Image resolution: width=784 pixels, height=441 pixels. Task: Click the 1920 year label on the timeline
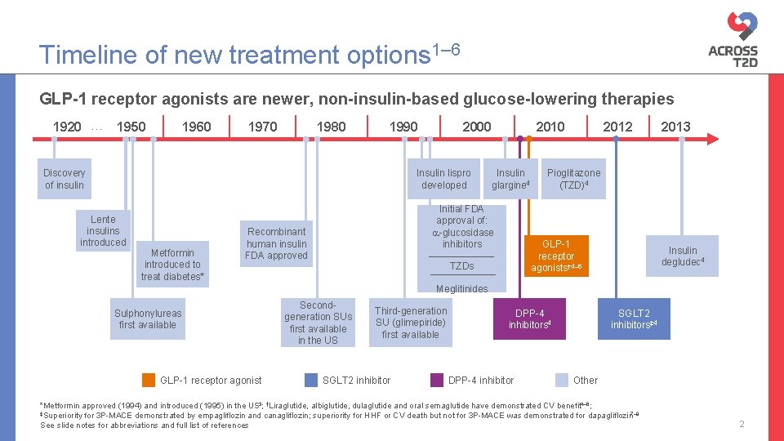click(66, 127)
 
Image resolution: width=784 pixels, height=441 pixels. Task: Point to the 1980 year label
click(331, 127)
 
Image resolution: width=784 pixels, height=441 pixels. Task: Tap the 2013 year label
click(675, 127)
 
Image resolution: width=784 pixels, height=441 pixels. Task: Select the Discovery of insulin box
click(65, 179)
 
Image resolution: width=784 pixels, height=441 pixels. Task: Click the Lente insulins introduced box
click(103, 231)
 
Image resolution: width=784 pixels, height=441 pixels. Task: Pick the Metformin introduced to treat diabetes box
click(172, 264)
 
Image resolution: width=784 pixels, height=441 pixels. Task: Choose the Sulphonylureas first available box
click(148, 318)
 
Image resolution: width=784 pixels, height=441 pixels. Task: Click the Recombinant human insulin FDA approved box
click(277, 243)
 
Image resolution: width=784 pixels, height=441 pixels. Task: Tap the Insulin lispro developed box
click(443, 179)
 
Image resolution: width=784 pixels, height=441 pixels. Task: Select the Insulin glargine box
click(510, 179)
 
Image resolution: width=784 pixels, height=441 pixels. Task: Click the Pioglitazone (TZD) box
click(573, 179)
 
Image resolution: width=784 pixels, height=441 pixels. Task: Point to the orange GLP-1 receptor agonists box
click(555, 256)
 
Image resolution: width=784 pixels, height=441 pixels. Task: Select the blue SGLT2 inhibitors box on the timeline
click(635, 318)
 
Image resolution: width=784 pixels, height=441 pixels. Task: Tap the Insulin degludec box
click(683, 256)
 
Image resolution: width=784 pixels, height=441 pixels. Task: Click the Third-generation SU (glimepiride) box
click(411, 322)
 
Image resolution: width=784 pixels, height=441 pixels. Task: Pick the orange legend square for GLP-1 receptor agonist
click(149, 380)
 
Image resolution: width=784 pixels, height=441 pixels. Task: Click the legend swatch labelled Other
click(562, 380)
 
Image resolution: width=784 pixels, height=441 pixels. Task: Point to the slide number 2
click(742, 424)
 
